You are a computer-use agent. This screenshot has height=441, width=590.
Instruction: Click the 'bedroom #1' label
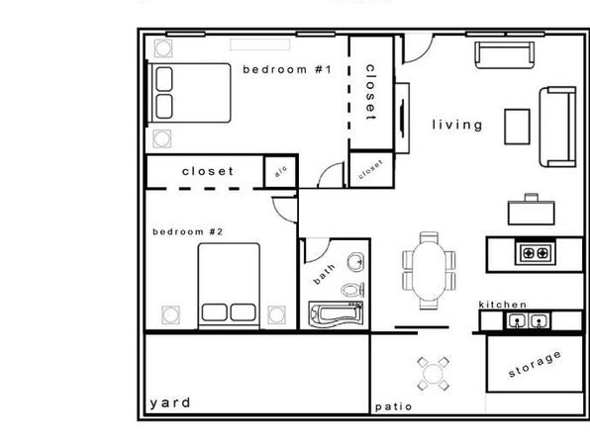[x=287, y=69]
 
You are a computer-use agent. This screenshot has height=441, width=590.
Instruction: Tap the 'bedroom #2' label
[x=188, y=231]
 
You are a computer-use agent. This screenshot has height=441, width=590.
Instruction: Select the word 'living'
[x=457, y=126]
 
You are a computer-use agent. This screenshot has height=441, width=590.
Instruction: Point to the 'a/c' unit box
[x=281, y=171]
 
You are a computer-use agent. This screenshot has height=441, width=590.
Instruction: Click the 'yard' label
[x=170, y=403]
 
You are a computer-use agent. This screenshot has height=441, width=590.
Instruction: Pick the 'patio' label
[x=394, y=406]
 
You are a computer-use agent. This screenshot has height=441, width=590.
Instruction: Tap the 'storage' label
[x=536, y=364]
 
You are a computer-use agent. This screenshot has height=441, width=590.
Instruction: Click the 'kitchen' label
[x=503, y=305]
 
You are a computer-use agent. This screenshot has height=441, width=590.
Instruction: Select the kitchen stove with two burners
[x=536, y=253]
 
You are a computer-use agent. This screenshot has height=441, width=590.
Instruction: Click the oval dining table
[x=429, y=271]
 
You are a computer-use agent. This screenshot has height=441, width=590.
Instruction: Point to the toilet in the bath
[x=352, y=290]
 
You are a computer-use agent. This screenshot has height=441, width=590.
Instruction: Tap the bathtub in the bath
[x=336, y=314]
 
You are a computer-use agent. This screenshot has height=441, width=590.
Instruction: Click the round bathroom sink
[x=356, y=262]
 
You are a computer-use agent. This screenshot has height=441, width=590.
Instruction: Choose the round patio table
[x=433, y=374]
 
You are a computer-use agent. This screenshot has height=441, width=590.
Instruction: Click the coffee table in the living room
[x=517, y=127]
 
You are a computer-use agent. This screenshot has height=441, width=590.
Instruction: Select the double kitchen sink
[x=528, y=321]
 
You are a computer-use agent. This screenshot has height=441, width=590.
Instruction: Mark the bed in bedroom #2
[x=229, y=286]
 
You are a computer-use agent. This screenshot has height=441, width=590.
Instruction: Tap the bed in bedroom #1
[x=188, y=93]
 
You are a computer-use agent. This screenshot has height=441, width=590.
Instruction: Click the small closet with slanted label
[x=371, y=169]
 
